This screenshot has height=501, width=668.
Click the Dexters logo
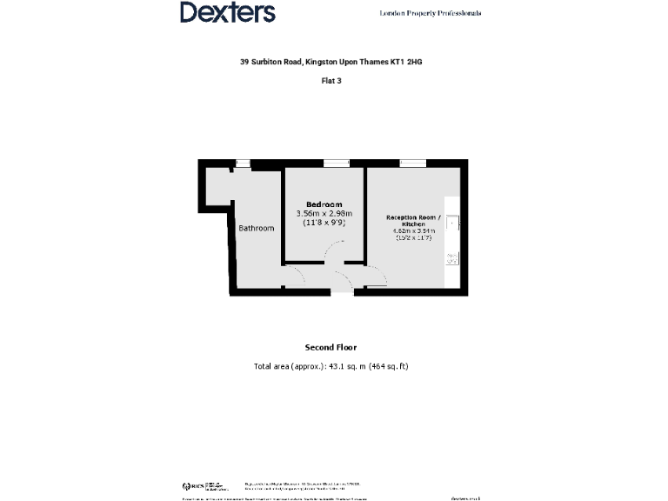[x=228, y=12]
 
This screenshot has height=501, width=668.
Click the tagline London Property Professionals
[x=430, y=13]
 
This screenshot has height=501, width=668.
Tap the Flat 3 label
[x=333, y=81]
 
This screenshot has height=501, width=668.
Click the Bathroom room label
[x=257, y=229]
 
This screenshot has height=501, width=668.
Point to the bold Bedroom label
[x=324, y=204]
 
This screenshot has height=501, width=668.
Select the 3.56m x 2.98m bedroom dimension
[x=324, y=214]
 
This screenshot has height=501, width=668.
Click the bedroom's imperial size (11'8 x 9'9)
[x=324, y=223]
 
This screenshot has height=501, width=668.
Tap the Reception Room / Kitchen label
[x=413, y=220]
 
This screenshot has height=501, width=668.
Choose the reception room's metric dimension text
[x=413, y=230]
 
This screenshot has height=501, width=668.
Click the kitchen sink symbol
[x=453, y=223]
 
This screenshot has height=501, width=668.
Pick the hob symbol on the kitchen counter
[x=452, y=257]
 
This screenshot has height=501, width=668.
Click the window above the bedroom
[x=336, y=163]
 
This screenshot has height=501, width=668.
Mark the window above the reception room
[x=413, y=163]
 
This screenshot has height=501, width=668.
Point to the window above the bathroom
[x=243, y=163]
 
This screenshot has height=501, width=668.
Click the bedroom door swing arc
[x=334, y=251]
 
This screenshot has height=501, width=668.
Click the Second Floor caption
[x=330, y=347]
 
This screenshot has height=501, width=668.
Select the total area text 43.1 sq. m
[x=331, y=366]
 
